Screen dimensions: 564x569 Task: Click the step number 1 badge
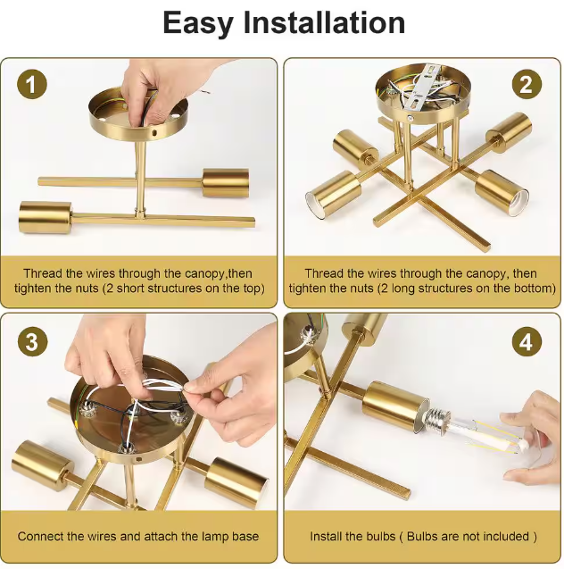tap(32, 84)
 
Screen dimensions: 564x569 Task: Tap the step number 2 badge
tap(527, 84)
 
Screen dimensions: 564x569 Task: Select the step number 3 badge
tap(32, 341)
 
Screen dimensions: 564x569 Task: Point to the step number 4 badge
tap(527, 341)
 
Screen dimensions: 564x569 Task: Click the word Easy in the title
tap(198, 23)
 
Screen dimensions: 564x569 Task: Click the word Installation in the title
tap(324, 22)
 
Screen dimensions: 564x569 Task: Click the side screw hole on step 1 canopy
tap(154, 133)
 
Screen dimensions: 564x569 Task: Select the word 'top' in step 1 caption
tap(251, 289)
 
